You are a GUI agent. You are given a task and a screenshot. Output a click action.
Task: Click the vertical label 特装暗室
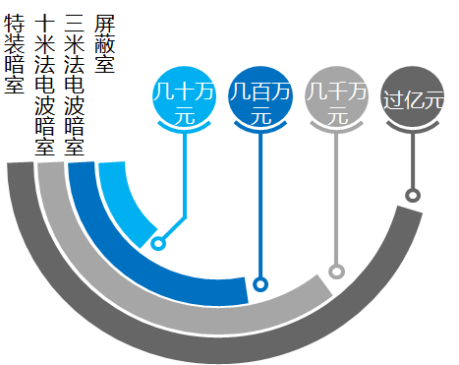[x=14, y=54]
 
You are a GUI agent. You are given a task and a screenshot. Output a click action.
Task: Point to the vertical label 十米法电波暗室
[x=43, y=84]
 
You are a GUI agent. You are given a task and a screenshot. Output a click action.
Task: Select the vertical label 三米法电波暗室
[x=74, y=84]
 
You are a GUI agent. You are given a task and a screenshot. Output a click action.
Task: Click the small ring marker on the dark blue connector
[x=260, y=284]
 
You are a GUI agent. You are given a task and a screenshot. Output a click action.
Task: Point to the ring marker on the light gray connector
[x=337, y=272]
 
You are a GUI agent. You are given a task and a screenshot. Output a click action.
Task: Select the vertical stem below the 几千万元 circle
[x=337, y=197]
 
